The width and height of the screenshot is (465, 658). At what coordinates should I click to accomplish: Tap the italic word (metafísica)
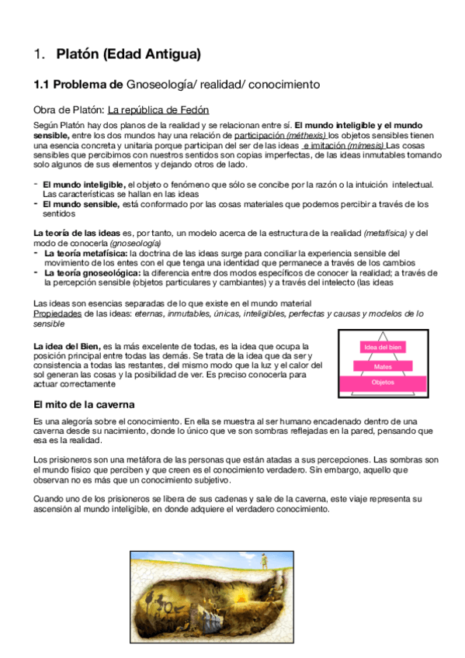click(x=385, y=233)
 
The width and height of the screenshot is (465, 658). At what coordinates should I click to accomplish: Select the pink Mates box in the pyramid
click(x=382, y=365)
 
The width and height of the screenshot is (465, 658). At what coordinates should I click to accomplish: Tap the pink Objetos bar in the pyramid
click(x=382, y=383)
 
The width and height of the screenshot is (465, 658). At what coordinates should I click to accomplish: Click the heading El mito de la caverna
click(x=85, y=405)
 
